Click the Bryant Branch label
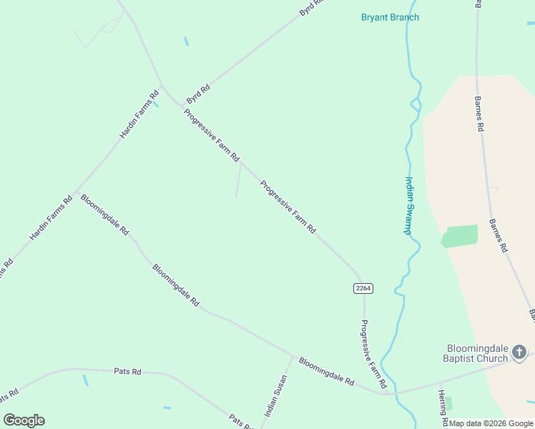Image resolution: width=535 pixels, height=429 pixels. [390, 17]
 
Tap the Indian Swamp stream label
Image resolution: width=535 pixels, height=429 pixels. [409, 205]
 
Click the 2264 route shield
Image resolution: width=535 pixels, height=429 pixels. [363, 288]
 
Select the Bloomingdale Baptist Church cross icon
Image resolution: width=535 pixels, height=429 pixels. [519, 352]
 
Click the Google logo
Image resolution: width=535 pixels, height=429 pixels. [24, 420]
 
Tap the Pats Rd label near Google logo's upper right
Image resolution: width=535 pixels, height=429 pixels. [128, 371]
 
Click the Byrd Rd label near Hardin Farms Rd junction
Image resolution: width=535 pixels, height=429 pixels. [197, 93]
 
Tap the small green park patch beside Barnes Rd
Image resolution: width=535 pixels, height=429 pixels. [458, 236]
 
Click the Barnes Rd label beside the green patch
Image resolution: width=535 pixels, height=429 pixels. [498, 235]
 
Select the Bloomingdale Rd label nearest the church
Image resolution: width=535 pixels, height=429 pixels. [326, 372]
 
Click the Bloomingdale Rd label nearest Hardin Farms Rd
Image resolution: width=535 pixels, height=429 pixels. [104, 215]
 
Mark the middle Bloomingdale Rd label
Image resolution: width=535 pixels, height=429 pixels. [175, 285]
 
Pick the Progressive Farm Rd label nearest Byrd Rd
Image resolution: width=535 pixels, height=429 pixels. [211, 135]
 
